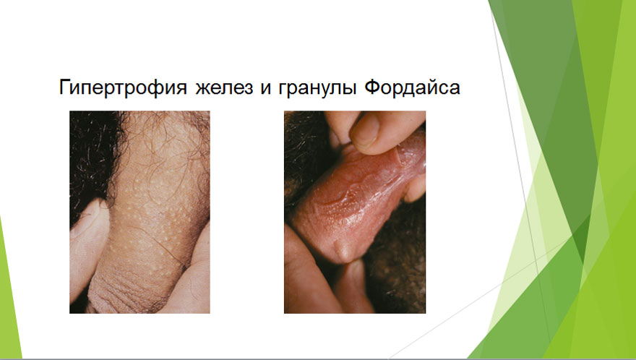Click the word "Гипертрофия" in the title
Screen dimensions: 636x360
(x=124, y=87)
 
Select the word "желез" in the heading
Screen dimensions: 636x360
(x=223, y=87)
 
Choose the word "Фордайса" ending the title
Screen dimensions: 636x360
(x=412, y=87)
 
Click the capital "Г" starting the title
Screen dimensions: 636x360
(x=65, y=87)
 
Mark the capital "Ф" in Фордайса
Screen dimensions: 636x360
(x=372, y=87)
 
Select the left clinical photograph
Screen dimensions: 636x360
(x=139, y=212)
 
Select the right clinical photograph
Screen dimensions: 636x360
(x=355, y=212)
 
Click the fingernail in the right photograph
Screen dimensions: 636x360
(x=365, y=131)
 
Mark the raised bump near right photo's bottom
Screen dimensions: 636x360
(x=343, y=251)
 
